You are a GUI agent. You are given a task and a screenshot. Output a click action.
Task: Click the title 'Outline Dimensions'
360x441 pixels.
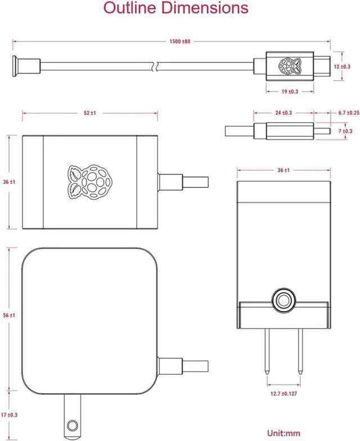(x=176, y=8)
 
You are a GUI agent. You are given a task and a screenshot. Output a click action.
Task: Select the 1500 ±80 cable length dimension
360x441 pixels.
(x=180, y=41)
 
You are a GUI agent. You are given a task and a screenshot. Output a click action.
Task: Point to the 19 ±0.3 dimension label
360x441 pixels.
(x=289, y=91)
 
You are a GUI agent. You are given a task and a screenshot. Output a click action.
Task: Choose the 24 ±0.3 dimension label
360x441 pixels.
(x=283, y=112)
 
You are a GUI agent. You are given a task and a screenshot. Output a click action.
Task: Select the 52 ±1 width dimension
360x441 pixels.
(x=90, y=113)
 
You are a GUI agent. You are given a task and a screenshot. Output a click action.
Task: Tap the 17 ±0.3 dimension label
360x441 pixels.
(x=9, y=415)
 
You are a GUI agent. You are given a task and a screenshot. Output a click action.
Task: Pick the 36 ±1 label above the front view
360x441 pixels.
(x=283, y=170)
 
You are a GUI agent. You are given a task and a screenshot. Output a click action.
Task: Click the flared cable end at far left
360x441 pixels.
(x=16, y=66)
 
